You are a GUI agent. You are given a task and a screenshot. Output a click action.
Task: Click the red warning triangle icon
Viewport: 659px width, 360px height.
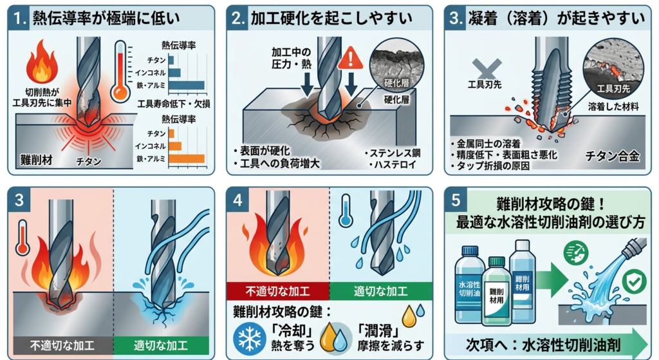(x=350, y=58)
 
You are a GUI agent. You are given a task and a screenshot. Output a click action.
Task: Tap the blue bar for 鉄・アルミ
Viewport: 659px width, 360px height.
(x=187, y=86)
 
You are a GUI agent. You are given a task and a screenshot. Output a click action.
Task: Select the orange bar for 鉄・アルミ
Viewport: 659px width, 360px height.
(x=187, y=158)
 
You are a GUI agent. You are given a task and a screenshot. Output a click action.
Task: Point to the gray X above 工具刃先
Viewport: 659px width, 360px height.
(x=487, y=68)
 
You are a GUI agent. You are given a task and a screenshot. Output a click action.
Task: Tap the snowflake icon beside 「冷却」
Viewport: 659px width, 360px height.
(x=250, y=338)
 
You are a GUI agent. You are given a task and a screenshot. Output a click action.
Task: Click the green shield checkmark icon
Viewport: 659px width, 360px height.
(x=634, y=281)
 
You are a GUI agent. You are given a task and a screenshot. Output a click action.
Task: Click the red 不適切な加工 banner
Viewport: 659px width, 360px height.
(x=277, y=291)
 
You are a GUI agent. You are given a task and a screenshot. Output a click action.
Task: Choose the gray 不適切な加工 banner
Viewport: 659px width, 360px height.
(x=63, y=346)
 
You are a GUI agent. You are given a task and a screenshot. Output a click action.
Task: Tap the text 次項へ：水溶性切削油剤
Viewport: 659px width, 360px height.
(x=543, y=345)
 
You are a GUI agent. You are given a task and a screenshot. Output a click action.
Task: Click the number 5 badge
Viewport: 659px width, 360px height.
(x=456, y=200)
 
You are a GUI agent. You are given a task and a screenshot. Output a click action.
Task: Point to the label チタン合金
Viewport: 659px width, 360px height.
(x=613, y=156)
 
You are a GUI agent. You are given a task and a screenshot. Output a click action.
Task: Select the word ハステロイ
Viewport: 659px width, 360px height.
(x=395, y=164)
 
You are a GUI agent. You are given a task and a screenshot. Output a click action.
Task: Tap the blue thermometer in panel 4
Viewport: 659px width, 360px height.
(x=346, y=211)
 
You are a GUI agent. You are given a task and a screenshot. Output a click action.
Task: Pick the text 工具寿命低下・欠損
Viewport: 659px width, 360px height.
(x=174, y=104)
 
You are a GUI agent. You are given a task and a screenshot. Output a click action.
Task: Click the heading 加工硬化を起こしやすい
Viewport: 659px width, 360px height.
(x=331, y=18)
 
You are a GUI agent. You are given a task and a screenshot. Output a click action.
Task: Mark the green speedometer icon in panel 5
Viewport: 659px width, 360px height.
(x=575, y=252)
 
